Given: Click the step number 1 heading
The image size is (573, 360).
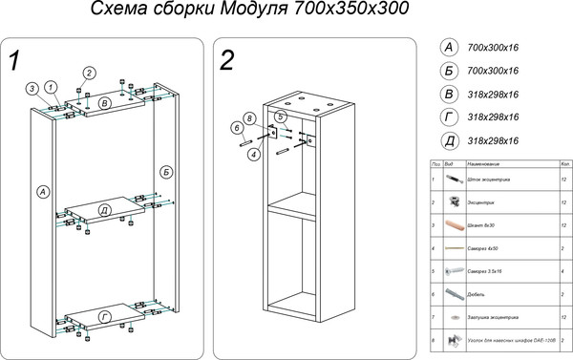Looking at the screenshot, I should (13, 62).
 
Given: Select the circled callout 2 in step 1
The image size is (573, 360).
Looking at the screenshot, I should (89, 73).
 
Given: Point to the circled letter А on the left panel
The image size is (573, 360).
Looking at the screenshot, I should (42, 192).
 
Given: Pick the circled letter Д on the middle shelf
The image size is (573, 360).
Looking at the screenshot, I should (104, 209).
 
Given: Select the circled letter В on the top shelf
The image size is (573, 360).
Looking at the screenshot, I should (105, 102).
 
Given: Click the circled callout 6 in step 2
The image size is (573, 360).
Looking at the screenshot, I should (236, 128).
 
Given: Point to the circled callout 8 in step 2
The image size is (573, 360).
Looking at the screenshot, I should (249, 118).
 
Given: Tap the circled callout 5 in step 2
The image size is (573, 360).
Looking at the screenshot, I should (281, 116).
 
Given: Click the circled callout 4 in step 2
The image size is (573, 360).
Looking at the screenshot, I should (253, 154).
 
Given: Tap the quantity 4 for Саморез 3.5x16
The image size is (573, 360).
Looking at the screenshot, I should (564, 271).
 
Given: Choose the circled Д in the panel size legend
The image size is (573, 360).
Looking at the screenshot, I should (446, 141).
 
